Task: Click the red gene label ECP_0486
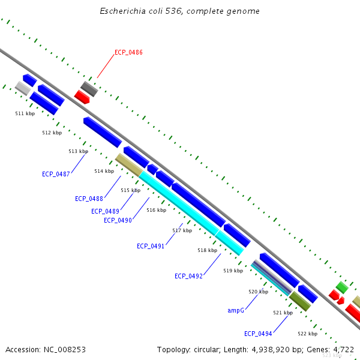pos(128,53)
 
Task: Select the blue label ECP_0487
pos(56,174)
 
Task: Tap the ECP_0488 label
pos(89,199)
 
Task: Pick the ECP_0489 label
pos(105,211)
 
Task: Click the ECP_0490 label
pos(118,220)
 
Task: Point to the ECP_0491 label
pos(151,247)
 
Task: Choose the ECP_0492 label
pos(188,276)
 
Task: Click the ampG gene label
pos(236,311)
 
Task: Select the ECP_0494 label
pos(258,334)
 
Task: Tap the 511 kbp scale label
pos(25,113)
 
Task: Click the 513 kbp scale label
pos(78,152)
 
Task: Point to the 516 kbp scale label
pos(156,210)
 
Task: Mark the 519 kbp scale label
pos(233,271)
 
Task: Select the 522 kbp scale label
pos(307,334)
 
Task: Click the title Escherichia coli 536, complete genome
pos(179,11)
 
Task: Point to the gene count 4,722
pos(343,349)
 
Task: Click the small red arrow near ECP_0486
pos(82,97)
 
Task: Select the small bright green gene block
pos(341,287)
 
